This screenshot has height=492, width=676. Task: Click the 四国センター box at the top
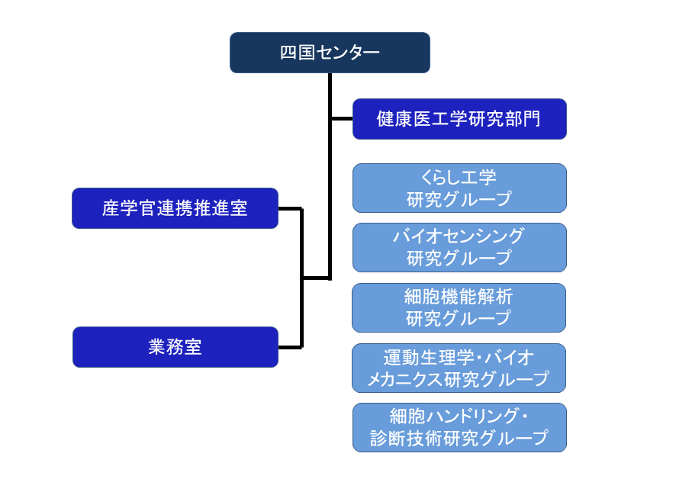(x=330, y=53)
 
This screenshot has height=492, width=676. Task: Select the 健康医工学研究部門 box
(x=459, y=119)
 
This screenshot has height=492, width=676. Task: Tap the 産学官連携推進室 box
(x=175, y=208)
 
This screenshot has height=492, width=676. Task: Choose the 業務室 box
(x=175, y=347)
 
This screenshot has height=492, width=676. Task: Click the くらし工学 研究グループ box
(x=459, y=188)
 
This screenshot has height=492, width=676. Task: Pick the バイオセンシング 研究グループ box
(x=459, y=247)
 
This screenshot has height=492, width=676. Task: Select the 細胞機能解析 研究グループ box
(x=459, y=308)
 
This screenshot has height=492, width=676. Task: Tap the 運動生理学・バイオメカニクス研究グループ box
(x=459, y=368)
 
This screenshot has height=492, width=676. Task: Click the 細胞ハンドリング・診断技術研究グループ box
(x=459, y=428)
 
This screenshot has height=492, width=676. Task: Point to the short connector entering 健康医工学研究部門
(x=342, y=118)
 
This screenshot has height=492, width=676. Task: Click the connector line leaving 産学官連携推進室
(x=290, y=209)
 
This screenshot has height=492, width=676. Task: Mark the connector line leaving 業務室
(x=290, y=347)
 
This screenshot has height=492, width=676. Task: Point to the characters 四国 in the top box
(x=298, y=53)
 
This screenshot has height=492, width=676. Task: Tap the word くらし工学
(x=459, y=177)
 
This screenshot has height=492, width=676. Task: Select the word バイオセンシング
(x=459, y=236)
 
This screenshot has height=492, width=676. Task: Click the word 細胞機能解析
(x=459, y=297)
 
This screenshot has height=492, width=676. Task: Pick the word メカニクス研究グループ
(x=459, y=379)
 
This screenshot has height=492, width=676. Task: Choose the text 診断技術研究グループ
(x=459, y=439)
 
